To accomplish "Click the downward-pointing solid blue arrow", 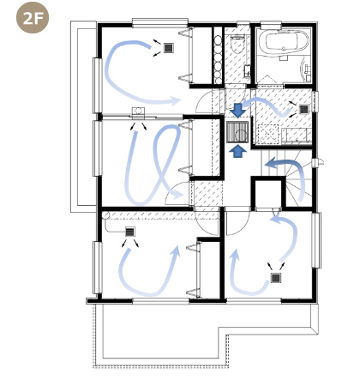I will tap(238, 108).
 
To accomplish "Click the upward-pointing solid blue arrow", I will tap(238, 151).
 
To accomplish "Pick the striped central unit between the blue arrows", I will tap(238, 130).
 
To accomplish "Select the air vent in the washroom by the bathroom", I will tap(303, 109).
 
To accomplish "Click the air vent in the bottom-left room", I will tap(130, 232).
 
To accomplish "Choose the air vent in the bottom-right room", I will tap(276, 277).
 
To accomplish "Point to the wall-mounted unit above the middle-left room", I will tap(137, 111).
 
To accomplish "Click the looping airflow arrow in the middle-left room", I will tap(154, 163).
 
